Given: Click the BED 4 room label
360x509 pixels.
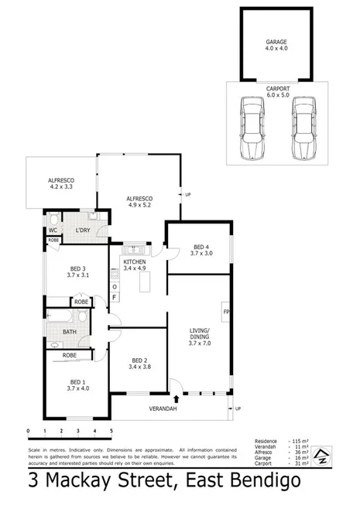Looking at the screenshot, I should click(199, 250).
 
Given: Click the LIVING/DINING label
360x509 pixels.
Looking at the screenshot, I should click(200, 337).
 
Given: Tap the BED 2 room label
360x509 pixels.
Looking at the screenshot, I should click(139, 364).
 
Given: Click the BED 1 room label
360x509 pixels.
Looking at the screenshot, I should click(77, 385).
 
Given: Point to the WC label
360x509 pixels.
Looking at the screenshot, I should click(53, 230).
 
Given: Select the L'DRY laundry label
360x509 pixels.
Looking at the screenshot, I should click(83, 230).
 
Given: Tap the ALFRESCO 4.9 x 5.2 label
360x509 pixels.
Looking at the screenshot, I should click(139, 203).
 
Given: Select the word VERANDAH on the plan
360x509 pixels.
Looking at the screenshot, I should click(163, 408).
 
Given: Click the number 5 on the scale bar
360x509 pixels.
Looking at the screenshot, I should click(111, 431).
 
